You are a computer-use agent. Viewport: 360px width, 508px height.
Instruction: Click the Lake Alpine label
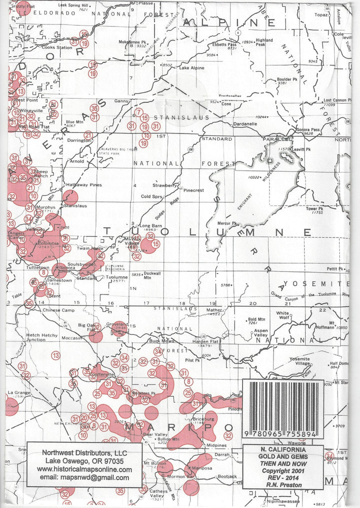[191, 67]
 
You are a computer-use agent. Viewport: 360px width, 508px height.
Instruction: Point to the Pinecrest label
[193, 190]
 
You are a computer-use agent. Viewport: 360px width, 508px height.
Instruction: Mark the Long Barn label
[150, 226]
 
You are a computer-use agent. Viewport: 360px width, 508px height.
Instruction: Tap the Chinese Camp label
[58, 310]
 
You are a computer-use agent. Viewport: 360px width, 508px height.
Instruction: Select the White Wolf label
[283, 315]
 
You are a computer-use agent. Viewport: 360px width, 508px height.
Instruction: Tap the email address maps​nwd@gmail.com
[84, 477]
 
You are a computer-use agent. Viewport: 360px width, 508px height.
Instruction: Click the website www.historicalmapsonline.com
[84, 469]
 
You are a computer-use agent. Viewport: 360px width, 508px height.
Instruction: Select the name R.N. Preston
[283, 485]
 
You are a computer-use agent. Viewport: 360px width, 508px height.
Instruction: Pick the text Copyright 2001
[283, 471]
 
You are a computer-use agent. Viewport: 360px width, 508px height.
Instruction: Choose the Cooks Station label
[57, 47]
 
